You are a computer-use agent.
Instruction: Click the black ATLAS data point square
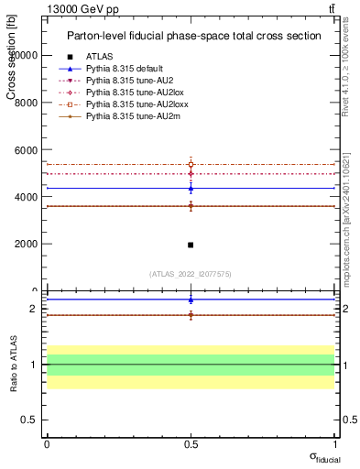tap(191, 245)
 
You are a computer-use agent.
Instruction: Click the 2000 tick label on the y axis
tap(25, 245)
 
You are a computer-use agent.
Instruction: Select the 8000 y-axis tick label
tap(25, 103)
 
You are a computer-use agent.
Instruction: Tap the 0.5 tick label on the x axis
tap(191, 443)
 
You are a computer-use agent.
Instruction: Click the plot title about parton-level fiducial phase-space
tap(193, 36)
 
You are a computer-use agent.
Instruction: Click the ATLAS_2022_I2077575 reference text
tap(191, 274)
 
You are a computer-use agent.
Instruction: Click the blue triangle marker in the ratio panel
tap(191, 300)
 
